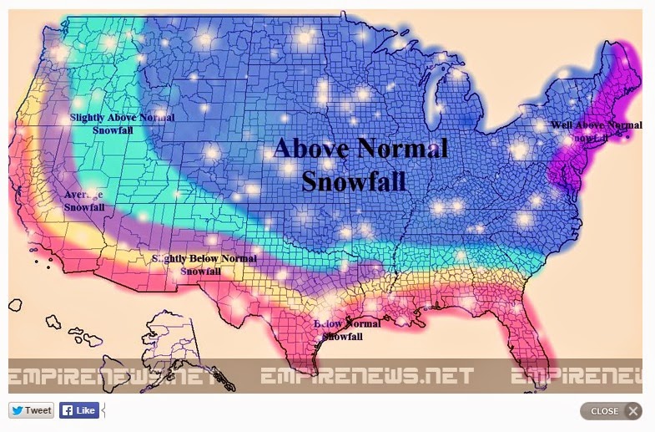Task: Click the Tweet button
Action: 31,410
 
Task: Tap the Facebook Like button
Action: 78,410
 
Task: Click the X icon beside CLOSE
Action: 632,411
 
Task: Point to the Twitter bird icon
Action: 18,410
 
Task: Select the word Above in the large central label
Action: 312,150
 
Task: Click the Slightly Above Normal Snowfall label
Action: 122,125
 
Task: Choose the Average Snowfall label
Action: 84,201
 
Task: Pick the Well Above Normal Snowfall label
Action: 596,131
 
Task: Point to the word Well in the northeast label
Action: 562,126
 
